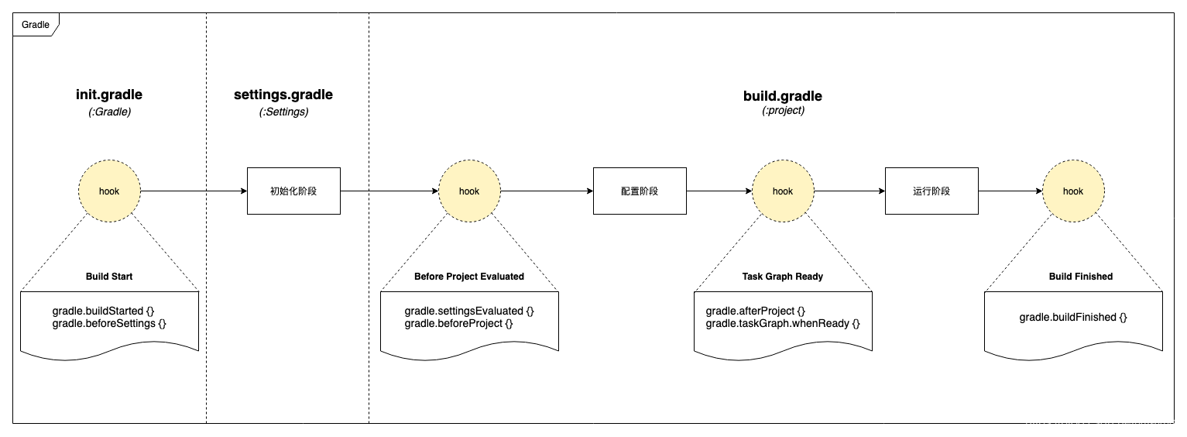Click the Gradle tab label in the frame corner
(x=35, y=25)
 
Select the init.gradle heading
(x=109, y=95)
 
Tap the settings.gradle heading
(x=283, y=95)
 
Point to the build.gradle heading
(x=783, y=96)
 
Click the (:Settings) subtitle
(x=283, y=112)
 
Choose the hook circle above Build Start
(x=109, y=191)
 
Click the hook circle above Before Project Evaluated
(x=469, y=191)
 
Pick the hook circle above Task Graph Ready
(x=783, y=191)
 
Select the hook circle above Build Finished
(x=1073, y=191)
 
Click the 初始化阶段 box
(x=293, y=191)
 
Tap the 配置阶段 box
(x=640, y=191)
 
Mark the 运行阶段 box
(x=931, y=191)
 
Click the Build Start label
(x=109, y=277)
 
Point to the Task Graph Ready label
(x=783, y=277)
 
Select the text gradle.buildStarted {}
(x=103, y=311)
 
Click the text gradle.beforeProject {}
(x=459, y=324)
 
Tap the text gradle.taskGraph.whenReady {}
(x=783, y=324)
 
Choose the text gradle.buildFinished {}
(x=1073, y=317)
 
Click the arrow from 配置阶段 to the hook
(x=719, y=191)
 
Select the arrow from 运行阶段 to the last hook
(x=1010, y=191)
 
